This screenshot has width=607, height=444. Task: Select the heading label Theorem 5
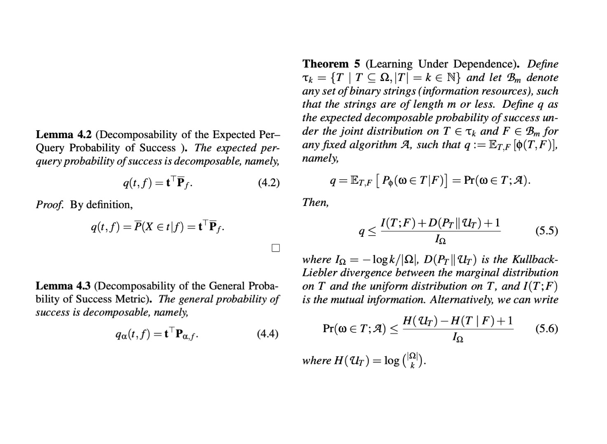coord(331,64)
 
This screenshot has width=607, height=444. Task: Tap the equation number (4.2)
coord(268,183)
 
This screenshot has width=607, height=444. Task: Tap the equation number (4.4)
coord(267,333)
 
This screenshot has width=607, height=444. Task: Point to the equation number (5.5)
coord(546,231)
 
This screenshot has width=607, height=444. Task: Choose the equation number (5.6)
coord(546,328)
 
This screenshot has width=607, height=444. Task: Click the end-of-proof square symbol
coord(275,248)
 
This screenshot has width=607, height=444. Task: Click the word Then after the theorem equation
coord(315,202)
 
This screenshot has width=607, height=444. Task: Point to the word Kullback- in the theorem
coord(535,259)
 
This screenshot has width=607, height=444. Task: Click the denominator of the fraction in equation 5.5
coord(440,239)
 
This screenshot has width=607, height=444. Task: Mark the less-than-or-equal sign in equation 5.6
coord(394,329)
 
